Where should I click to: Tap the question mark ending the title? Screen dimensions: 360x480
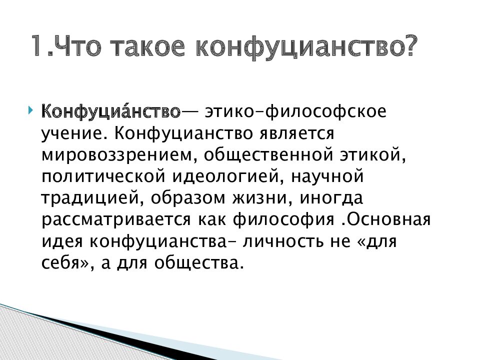click(407, 46)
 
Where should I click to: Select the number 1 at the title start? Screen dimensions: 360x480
click(39, 46)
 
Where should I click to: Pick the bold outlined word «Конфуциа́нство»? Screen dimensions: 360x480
click(110, 110)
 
